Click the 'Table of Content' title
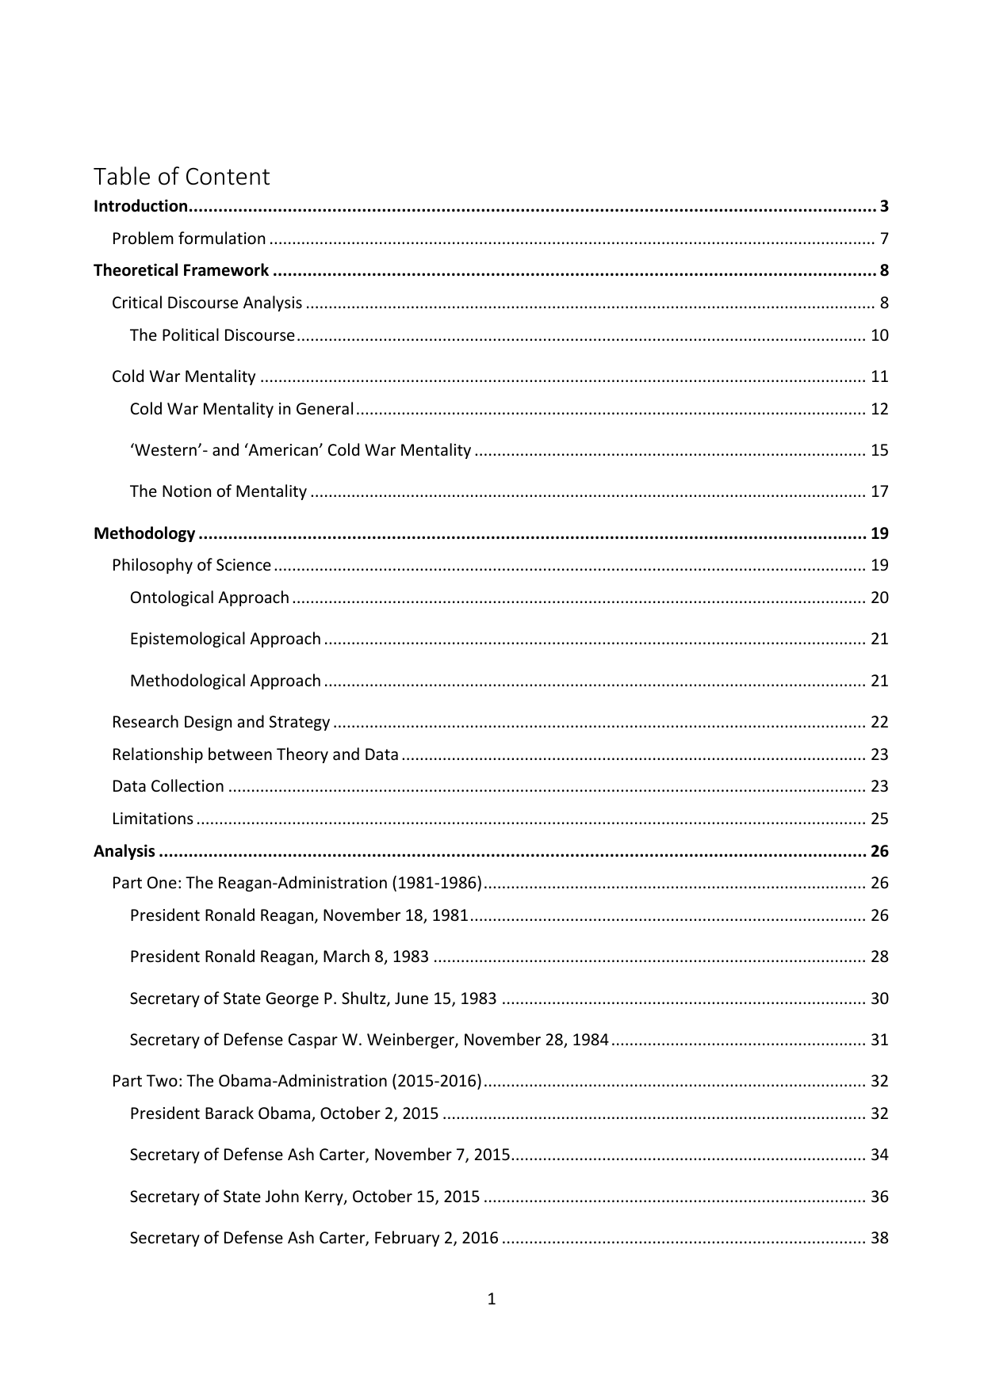tap(182, 176)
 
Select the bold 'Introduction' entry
tap(140, 207)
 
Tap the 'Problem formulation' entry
tap(189, 239)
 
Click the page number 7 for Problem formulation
tap(883, 239)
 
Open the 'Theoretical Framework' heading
tap(181, 270)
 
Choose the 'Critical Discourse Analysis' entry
tap(207, 303)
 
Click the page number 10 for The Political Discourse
tap(879, 335)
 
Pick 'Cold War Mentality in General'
tap(242, 409)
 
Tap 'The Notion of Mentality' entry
tap(218, 491)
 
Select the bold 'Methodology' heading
tap(144, 533)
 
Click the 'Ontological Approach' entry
tap(209, 598)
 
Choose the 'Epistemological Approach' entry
tap(225, 639)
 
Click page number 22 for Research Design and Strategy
tap(879, 722)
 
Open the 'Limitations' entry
tap(152, 819)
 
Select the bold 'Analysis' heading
tap(124, 851)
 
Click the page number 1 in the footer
tap(492, 1299)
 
